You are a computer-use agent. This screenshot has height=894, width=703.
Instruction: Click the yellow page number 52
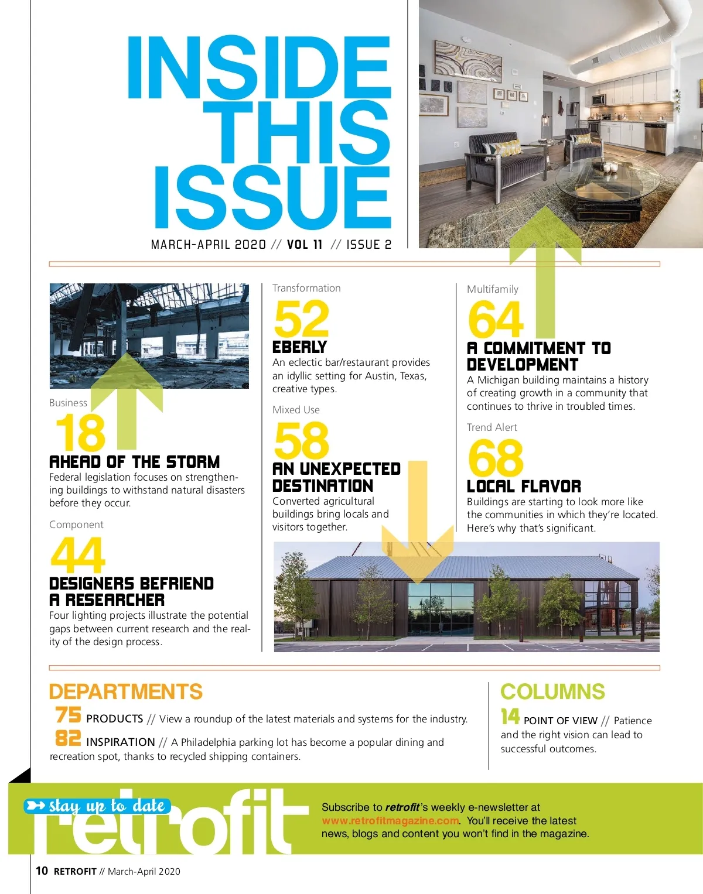(x=301, y=318)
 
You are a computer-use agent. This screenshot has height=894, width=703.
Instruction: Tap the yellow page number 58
(x=301, y=441)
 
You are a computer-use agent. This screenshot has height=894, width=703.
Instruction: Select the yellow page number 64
(x=496, y=320)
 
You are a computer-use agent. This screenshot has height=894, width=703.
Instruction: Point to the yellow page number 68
(x=496, y=458)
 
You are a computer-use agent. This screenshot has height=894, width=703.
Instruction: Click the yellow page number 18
(x=80, y=433)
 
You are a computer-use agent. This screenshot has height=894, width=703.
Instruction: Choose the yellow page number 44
(x=78, y=556)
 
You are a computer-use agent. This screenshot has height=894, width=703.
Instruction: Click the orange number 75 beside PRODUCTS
(x=69, y=715)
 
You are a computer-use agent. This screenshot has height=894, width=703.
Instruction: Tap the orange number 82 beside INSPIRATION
(x=69, y=738)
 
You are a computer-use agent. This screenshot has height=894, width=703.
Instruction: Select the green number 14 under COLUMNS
(x=510, y=717)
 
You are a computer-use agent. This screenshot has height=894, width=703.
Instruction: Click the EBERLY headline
(x=299, y=347)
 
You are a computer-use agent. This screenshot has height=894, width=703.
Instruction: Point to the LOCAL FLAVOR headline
(x=524, y=487)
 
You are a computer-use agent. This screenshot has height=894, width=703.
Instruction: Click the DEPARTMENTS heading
(x=125, y=692)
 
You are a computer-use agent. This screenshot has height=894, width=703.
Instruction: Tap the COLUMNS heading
(x=552, y=692)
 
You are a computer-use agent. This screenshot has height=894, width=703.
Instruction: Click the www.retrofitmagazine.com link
(x=390, y=821)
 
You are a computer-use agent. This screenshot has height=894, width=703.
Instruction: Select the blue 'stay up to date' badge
(x=97, y=806)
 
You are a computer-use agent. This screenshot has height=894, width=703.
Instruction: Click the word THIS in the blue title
(x=305, y=132)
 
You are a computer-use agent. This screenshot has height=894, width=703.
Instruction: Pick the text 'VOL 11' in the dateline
(x=305, y=245)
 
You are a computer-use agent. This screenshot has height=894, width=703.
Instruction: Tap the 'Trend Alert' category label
(x=492, y=427)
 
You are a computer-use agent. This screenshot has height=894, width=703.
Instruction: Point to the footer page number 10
(x=42, y=871)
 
